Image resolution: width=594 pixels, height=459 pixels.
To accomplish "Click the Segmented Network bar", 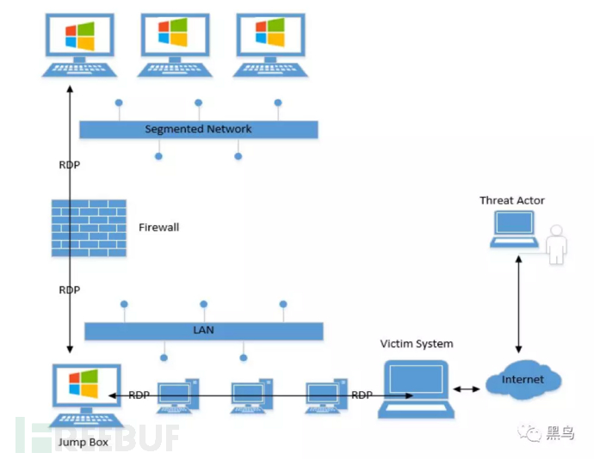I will (199, 130).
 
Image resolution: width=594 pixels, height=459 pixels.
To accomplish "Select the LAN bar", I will (204, 331).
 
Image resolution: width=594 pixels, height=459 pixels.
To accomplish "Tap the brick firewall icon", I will (89, 228).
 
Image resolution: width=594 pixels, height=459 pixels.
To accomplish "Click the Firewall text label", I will (159, 228).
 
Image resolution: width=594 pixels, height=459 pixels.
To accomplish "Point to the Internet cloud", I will (523, 380).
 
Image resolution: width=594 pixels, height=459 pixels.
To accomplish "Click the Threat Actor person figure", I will (557, 244).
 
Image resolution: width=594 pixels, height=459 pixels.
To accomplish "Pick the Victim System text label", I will (417, 344).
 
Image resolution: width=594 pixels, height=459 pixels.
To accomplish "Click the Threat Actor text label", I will (512, 200).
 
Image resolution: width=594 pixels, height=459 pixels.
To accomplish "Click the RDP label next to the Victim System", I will (362, 395).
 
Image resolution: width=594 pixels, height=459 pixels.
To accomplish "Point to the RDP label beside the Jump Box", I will (139, 395).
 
